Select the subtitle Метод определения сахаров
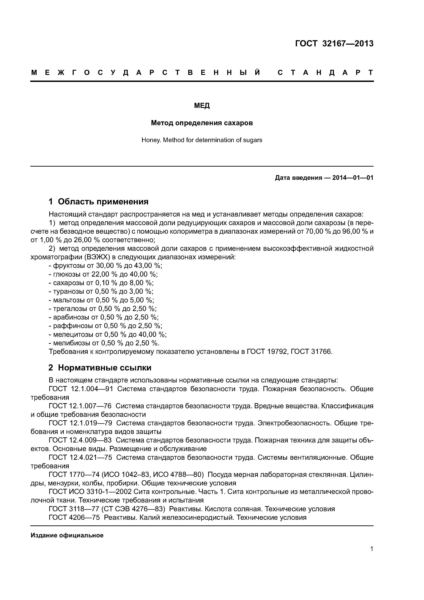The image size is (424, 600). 202,123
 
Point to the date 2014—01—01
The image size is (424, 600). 353,178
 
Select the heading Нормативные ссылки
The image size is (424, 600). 104,368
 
